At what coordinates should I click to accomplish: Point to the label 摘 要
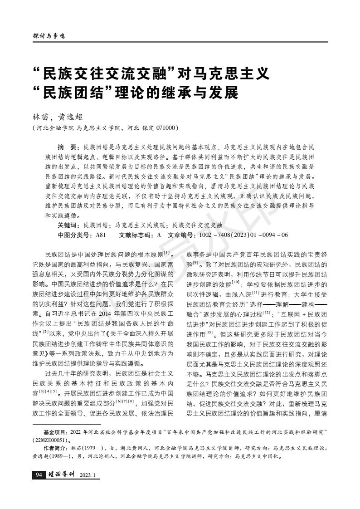tap(67, 148)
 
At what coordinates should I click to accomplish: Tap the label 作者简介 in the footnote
tap(54, 448)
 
